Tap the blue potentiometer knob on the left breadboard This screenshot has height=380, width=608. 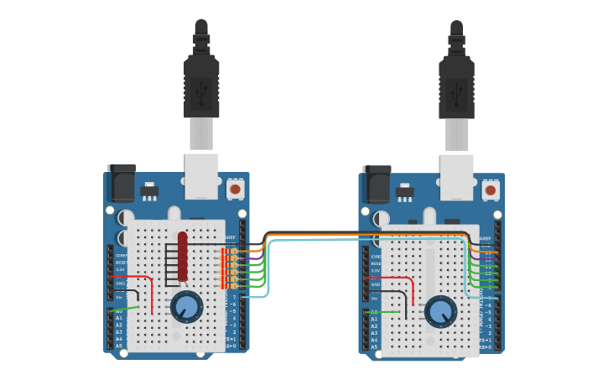(x=186, y=308)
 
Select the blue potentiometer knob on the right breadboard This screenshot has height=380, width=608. (x=440, y=312)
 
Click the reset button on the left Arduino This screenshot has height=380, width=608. (x=235, y=189)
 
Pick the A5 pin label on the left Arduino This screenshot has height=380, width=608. (x=118, y=346)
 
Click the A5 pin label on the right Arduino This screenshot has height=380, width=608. (x=375, y=346)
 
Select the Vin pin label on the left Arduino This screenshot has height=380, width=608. (x=118, y=298)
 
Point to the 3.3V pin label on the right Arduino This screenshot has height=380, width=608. (x=375, y=271)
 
